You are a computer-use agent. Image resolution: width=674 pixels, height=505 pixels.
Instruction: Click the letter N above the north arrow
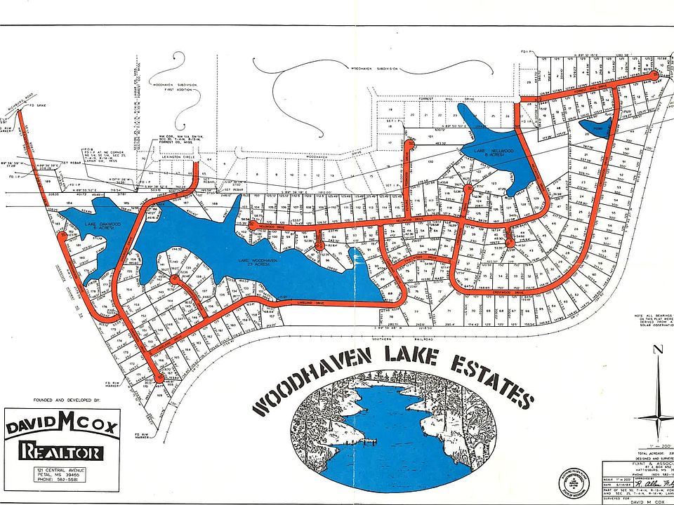pos(659,351)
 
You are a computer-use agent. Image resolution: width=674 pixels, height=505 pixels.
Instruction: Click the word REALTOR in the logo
pos(63,451)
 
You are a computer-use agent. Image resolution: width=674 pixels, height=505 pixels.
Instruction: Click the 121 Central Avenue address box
pos(63,479)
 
